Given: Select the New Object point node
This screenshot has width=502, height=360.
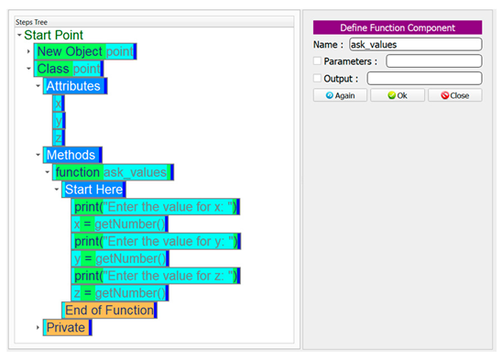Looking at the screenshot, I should coord(84,51).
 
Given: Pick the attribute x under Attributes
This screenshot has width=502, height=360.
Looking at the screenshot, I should coord(59,104).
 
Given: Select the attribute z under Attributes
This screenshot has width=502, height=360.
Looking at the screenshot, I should coord(59,137).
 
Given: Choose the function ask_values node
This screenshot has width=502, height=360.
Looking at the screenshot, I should coord(111,172).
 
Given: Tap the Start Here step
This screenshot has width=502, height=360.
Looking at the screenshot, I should coord(93,190).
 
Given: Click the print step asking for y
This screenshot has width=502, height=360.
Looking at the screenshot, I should coord(156,241).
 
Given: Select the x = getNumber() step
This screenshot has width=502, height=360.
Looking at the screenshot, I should coord(120,224).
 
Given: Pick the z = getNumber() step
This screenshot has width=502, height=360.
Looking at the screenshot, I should coord(120,293).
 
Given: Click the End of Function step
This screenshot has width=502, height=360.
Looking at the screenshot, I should coord(108,310).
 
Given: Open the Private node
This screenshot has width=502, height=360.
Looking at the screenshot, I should coord(66,327).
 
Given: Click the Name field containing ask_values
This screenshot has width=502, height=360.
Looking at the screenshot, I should coord(415,44).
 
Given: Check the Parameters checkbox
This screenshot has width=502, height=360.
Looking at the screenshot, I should coord(317,61).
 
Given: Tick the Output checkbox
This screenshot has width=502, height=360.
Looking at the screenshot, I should coord(317,79).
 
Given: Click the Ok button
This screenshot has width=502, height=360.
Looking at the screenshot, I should coord(397,95).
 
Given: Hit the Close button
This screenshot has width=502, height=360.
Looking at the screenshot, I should coord(454,95).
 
